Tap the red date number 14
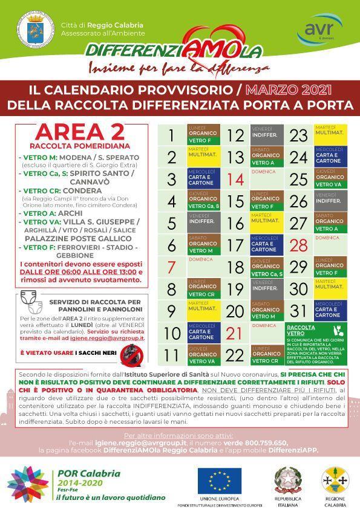(x=235, y=180)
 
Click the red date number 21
(x=235, y=332)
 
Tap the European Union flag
(x=220, y=481)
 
